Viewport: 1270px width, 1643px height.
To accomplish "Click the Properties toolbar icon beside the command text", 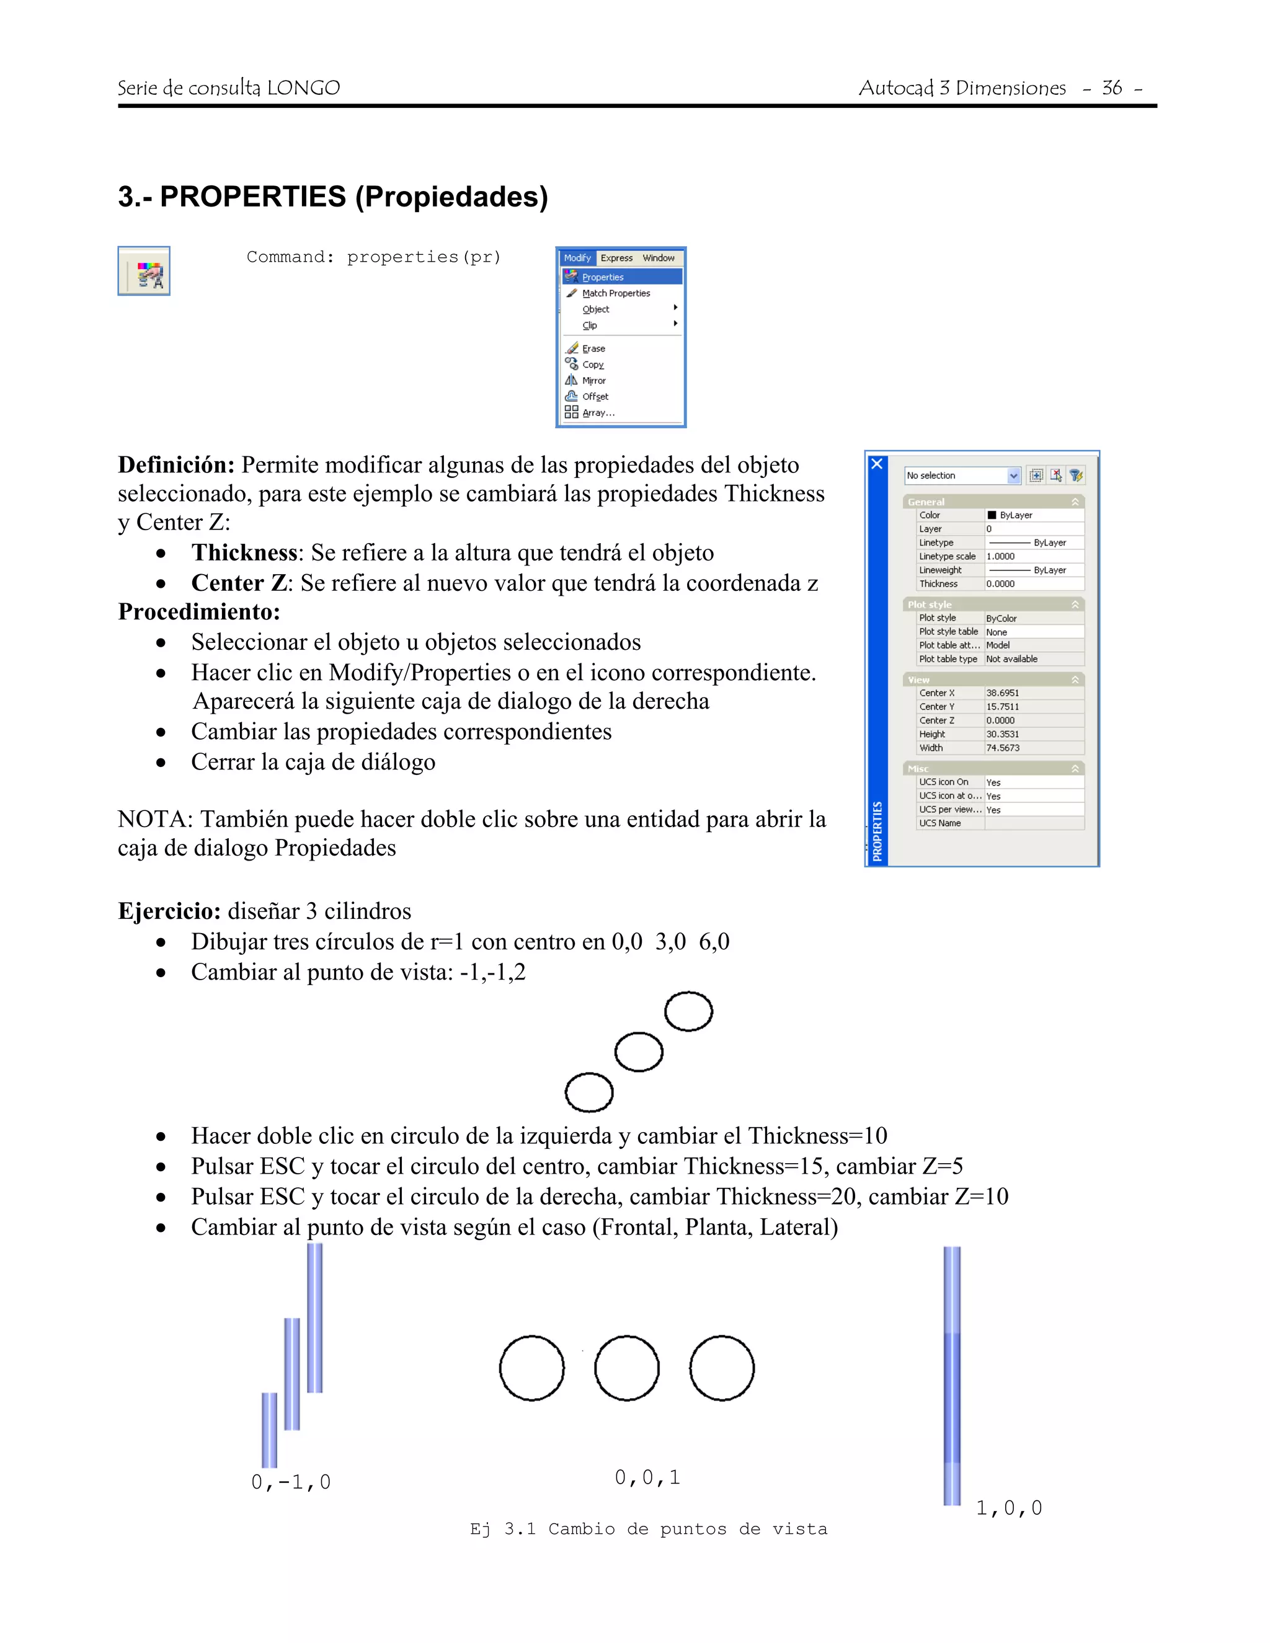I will pos(144,271).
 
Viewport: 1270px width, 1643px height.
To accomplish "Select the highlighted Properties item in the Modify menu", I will pos(603,277).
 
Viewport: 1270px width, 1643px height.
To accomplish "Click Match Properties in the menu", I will pos(615,293).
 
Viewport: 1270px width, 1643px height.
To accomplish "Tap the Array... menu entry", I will pos(598,413).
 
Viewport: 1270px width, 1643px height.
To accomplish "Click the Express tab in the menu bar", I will pos(616,258).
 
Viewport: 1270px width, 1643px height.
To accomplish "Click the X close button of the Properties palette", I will pos(876,464).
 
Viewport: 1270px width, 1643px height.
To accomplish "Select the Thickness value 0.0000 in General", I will pos(1001,584).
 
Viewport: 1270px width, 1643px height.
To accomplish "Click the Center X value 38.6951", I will pos(1003,693).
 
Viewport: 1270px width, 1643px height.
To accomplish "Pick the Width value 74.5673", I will pos(1003,748).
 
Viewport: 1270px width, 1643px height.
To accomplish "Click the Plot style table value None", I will pos(997,632).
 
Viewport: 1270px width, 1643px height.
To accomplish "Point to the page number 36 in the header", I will pos(1111,88).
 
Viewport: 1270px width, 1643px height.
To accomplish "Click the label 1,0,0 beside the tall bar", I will pos(1009,1508).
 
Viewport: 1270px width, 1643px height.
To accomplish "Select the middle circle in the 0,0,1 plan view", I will pos(627,1368).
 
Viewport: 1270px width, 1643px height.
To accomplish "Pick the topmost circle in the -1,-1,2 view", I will pos(688,1011).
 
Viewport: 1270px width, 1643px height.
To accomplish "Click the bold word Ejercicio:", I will pos(169,911).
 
